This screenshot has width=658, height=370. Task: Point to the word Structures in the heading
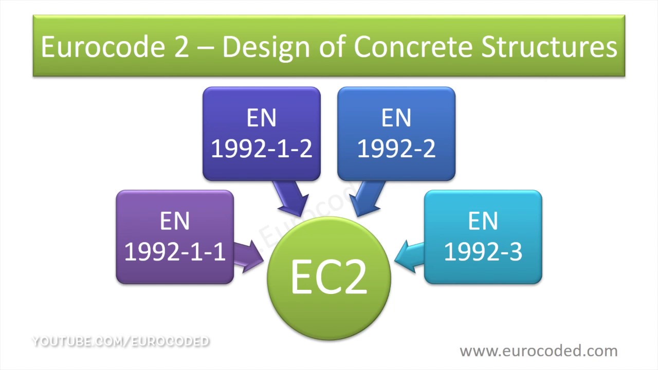tap(549, 47)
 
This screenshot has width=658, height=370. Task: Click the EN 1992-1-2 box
tap(262, 134)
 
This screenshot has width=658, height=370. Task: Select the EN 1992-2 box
tap(396, 134)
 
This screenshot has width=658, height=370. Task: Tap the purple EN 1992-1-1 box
tap(175, 236)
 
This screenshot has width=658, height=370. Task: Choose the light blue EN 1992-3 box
tap(483, 236)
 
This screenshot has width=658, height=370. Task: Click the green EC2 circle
tap(329, 277)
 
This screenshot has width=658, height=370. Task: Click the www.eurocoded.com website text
tap(538, 351)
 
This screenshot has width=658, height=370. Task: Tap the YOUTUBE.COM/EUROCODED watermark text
tap(121, 341)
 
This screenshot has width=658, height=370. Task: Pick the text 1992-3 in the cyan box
tap(483, 252)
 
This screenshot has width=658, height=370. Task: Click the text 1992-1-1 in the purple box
tap(175, 252)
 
